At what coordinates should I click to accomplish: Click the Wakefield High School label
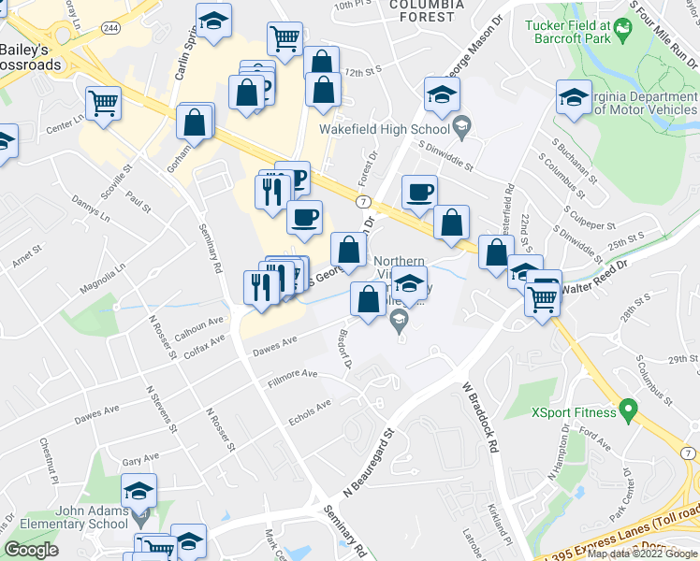[384, 130]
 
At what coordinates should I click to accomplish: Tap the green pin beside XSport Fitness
[628, 410]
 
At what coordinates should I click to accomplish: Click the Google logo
[31, 550]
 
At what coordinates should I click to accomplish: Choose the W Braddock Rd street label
[478, 417]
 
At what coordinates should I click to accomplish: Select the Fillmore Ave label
[292, 378]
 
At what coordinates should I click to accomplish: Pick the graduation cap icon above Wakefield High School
[442, 95]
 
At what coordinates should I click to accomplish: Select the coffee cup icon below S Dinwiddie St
[419, 193]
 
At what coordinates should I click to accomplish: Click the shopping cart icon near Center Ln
[103, 102]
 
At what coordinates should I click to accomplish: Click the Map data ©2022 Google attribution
[642, 554]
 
